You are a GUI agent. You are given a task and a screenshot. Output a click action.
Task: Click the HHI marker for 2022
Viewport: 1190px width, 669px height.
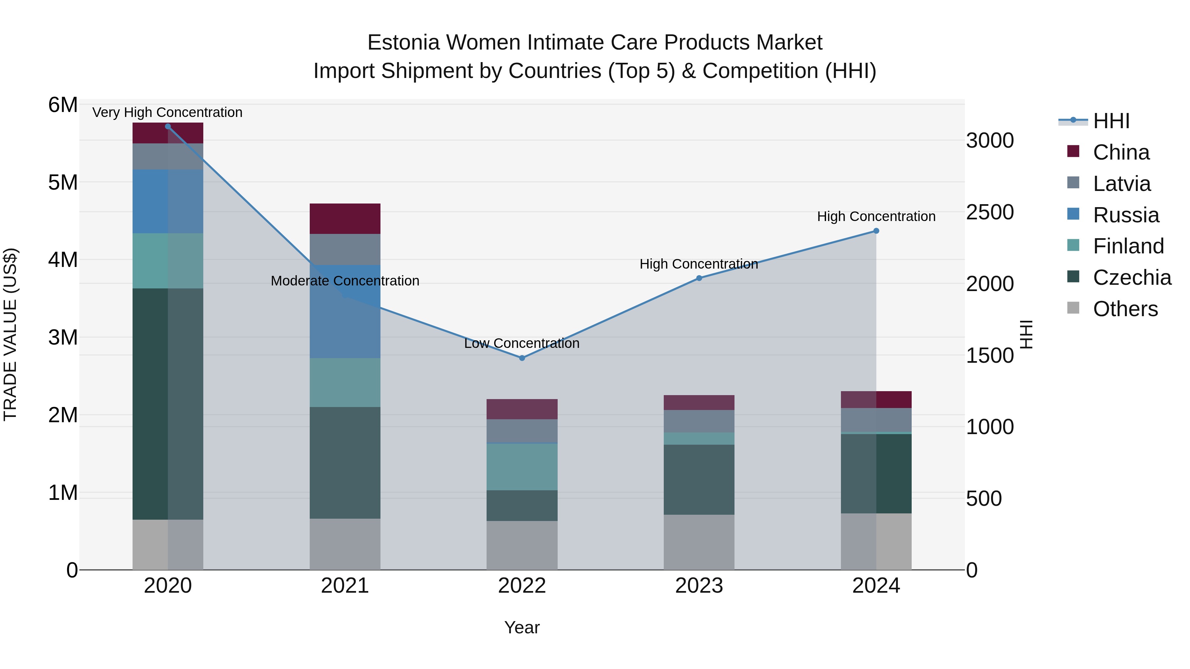[522, 358]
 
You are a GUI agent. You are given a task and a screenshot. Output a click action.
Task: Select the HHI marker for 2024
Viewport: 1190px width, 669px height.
[876, 231]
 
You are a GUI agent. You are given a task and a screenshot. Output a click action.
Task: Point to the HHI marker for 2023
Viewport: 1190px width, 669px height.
[699, 278]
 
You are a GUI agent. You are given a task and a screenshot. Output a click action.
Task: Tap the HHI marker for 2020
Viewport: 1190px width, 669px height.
[168, 127]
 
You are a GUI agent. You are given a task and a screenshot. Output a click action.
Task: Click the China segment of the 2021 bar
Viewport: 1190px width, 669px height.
[345, 218]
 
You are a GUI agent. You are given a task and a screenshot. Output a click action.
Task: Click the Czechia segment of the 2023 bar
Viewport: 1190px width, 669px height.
[699, 479]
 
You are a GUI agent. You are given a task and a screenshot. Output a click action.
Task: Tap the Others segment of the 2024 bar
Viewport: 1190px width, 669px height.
[876, 541]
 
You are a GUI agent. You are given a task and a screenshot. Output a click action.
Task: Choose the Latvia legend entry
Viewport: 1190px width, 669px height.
[1121, 183]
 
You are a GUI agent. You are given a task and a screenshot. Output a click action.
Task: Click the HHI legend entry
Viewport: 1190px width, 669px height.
[1111, 121]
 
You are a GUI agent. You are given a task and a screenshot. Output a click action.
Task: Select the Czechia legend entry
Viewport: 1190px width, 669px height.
[1132, 278]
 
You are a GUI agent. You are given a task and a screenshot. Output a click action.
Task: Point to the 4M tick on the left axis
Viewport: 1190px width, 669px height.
[63, 259]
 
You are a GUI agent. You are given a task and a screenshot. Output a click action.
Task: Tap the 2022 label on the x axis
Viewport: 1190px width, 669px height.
[522, 586]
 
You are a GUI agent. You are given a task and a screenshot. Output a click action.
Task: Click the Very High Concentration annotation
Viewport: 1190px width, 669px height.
[167, 112]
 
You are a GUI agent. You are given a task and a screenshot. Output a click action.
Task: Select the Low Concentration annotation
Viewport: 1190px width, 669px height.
[522, 343]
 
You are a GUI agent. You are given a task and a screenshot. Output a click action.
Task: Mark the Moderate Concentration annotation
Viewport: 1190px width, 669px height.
[345, 281]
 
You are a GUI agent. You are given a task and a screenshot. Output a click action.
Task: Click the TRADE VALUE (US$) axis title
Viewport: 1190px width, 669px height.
[10, 335]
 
